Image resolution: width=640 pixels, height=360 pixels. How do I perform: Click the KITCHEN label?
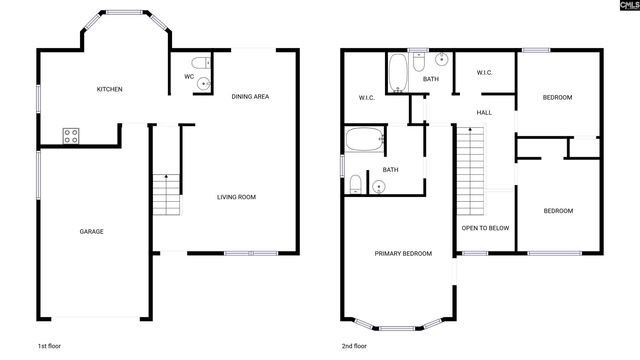pyautogui.click(x=109, y=90)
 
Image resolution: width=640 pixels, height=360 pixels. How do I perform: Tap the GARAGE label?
pyautogui.click(x=92, y=231)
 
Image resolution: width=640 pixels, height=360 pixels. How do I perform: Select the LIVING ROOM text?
pyautogui.click(x=237, y=197)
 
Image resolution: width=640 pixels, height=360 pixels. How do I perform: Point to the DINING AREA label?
pyautogui.click(x=251, y=96)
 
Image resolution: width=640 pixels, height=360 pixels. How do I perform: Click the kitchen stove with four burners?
pyautogui.click(x=72, y=136)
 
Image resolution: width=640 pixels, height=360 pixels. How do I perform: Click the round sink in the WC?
pyautogui.click(x=205, y=83)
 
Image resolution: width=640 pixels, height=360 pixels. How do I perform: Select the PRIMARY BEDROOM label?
pyautogui.click(x=403, y=254)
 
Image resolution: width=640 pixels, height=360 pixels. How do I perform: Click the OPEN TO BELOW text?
pyautogui.click(x=485, y=228)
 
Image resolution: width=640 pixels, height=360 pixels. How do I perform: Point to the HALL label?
pyautogui.click(x=484, y=112)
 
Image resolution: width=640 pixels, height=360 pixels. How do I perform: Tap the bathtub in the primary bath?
pyautogui.click(x=363, y=140)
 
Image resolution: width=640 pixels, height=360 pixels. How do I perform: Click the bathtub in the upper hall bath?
pyautogui.click(x=397, y=73)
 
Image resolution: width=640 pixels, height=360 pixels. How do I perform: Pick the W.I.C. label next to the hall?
pyautogui.click(x=484, y=72)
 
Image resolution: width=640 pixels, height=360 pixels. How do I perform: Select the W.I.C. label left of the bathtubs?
pyautogui.click(x=366, y=97)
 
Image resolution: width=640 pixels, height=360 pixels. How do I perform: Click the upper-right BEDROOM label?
pyautogui.click(x=557, y=97)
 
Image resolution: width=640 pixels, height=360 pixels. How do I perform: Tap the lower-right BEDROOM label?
pyautogui.click(x=557, y=210)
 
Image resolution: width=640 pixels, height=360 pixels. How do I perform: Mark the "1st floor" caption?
pyautogui.click(x=49, y=345)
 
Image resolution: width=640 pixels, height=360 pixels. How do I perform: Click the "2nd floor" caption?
pyautogui.click(x=353, y=345)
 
